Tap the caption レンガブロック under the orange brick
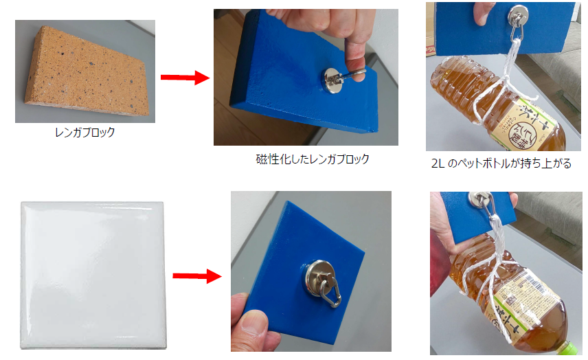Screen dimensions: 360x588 [84, 133]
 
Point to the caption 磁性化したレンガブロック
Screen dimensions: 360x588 [312, 159]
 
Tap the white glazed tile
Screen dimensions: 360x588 [93, 275]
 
